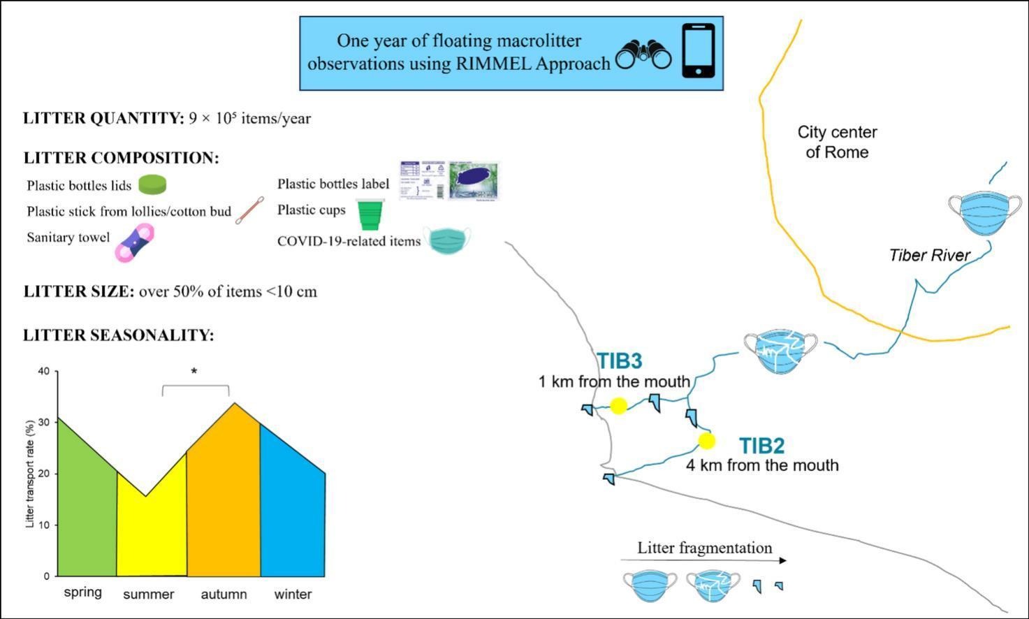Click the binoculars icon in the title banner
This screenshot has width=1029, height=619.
pyautogui.click(x=643, y=54)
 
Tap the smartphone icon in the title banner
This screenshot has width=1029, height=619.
pyautogui.click(x=698, y=50)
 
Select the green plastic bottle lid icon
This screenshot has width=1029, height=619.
pyautogui.click(x=152, y=184)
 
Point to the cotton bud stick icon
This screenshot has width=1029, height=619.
pyautogui.click(x=249, y=210)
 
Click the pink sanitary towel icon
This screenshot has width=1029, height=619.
pyautogui.click(x=134, y=243)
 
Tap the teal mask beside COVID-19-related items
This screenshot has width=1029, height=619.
pyautogui.click(x=447, y=240)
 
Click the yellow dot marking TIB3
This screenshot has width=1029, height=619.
pyautogui.click(x=618, y=406)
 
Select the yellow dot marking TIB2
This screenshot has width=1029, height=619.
pyautogui.click(x=707, y=441)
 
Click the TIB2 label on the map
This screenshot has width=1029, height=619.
pyautogui.click(x=761, y=446)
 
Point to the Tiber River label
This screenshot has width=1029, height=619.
pyautogui.click(x=929, y=256)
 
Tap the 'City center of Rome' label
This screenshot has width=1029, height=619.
pyautogui.click(x=837, y=142)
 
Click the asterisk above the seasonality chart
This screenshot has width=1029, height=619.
pyautogui.click(x=194, y=371)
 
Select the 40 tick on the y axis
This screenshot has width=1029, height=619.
pyautogui.click(x=44, y=371)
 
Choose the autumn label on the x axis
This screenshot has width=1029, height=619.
pyautogui.click(x=224, y=594)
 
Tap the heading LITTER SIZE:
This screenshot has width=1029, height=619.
pyautogui.click(x=78, y=291)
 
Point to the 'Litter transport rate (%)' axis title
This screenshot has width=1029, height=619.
pyautogui.click(x=29, y=474)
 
